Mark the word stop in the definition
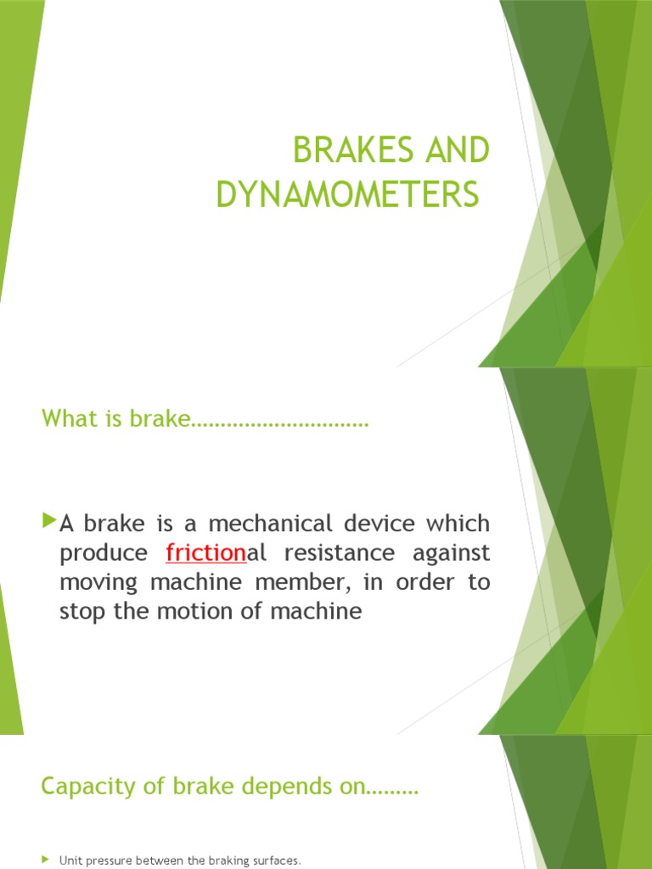pos(80,612)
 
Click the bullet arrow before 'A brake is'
pos(48,519)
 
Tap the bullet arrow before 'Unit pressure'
pos(46,860)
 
